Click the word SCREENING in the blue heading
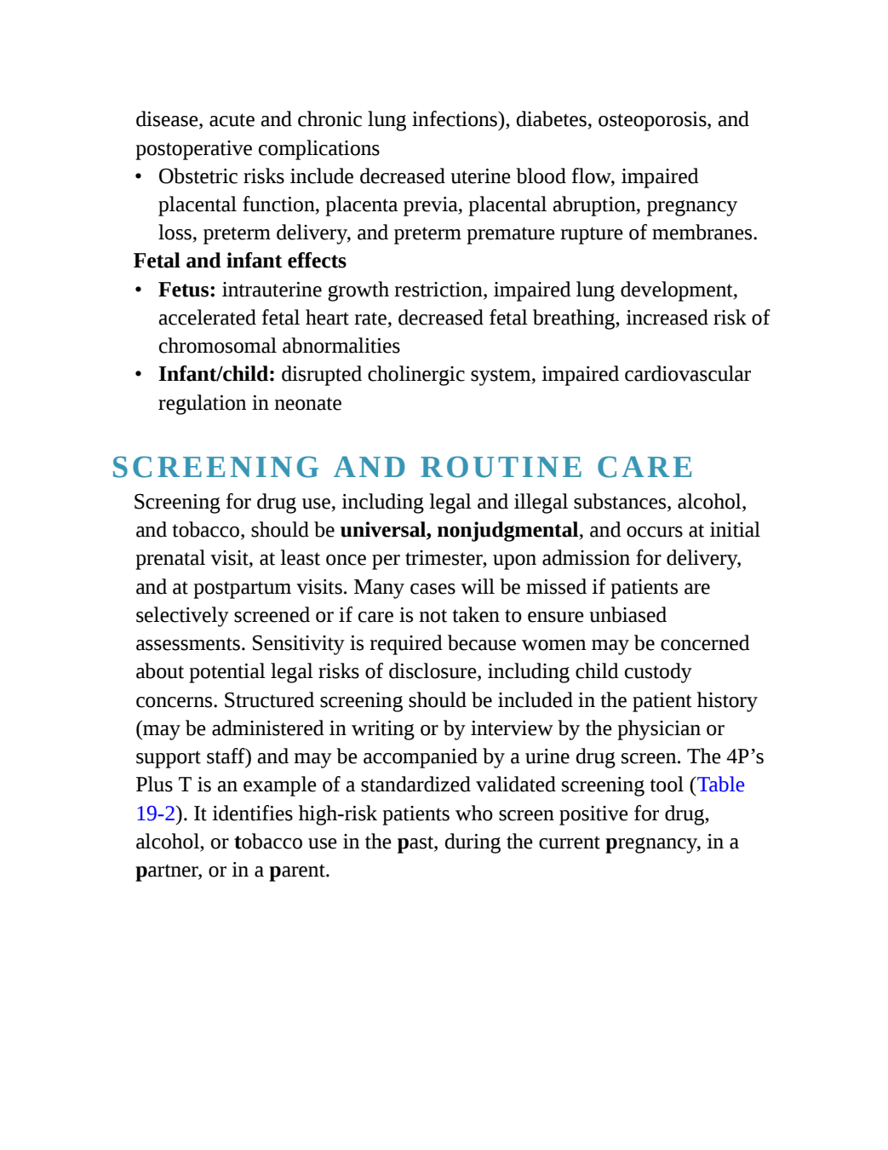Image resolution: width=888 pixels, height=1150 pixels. pos(215,468)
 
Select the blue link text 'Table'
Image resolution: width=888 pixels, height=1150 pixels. pos(721,785)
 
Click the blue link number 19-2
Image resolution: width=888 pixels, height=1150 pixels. pos(156,814)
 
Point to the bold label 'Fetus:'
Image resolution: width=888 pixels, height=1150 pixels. pos(187,290)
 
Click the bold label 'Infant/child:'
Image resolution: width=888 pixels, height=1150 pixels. pos(217,375)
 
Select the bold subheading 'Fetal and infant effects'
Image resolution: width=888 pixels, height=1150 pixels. pos(240,261)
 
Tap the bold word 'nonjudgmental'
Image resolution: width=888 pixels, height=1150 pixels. pos(507,531)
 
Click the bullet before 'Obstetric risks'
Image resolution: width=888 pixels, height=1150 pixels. pos(139,177)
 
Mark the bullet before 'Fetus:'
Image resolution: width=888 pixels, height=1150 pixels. pos(139,290)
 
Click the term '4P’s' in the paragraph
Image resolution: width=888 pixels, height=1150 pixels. pos(745,756)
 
